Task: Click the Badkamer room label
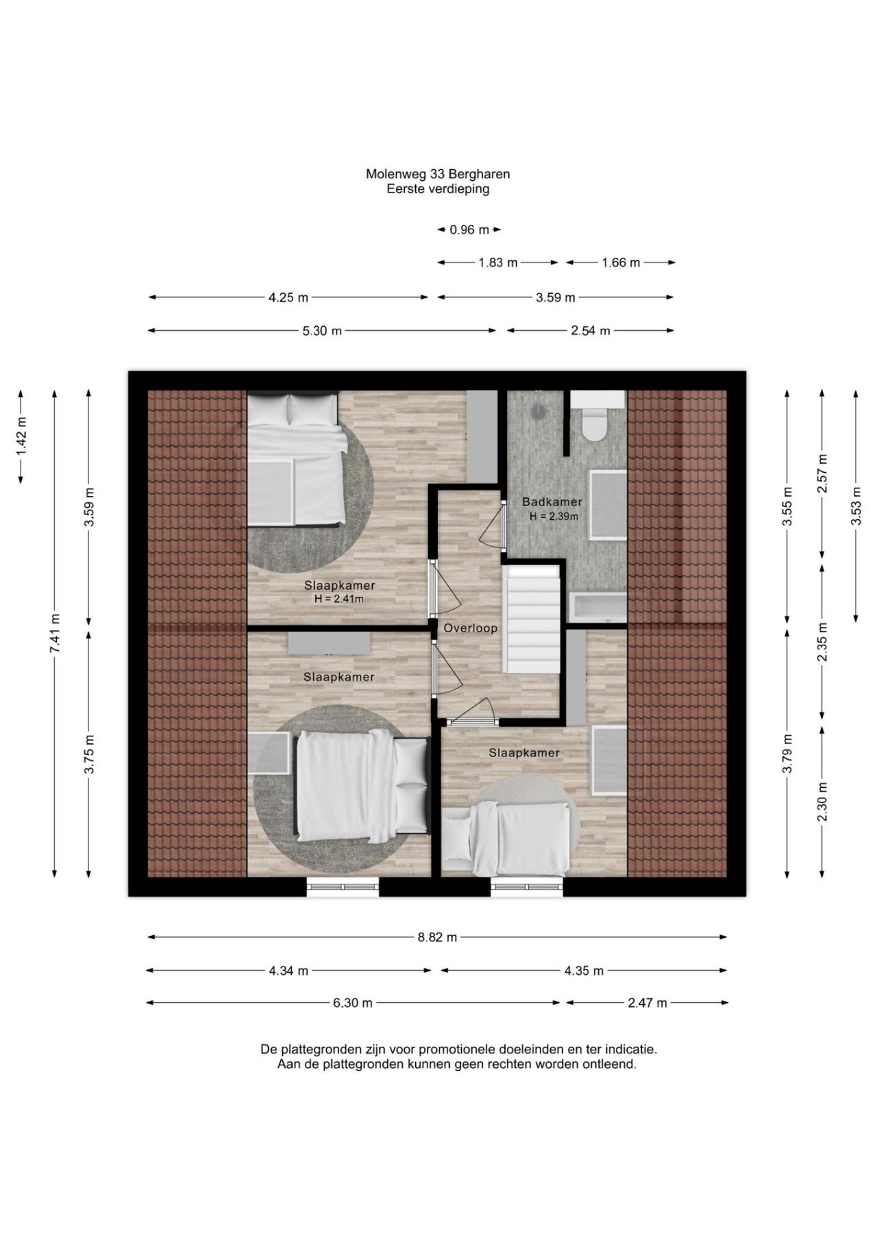(552, 501)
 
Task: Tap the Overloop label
(470, 628)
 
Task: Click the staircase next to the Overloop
(532, 619)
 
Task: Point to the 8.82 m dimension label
(437, 937)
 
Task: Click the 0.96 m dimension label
(469, 230)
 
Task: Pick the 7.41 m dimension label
(55, 634)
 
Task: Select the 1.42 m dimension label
(22, 437)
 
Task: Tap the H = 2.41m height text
(338, 599)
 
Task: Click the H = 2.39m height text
(554, 516)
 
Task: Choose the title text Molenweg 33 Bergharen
(438, 174)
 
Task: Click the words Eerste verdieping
(438, 189)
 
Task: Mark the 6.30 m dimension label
(353, 1003)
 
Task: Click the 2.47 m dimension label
(647, 1003)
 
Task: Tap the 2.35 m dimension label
(823, 641)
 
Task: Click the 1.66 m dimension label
(621, 263)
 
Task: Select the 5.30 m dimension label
(322, 331)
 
